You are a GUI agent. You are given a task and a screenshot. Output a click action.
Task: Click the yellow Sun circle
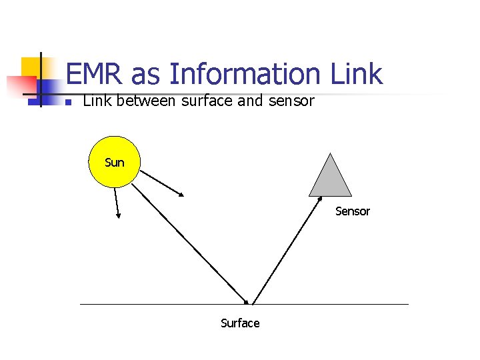(x=114, y=161)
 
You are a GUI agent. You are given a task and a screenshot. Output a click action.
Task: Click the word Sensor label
(x=352, y=211)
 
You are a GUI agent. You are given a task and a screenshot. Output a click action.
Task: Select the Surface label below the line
(x=240, y=323)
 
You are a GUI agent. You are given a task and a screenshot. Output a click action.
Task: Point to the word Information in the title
(x=245, y=74)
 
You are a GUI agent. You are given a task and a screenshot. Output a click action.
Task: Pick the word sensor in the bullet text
(x=290, y=102)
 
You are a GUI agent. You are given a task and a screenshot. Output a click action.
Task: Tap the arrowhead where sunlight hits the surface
(x=247, y=301)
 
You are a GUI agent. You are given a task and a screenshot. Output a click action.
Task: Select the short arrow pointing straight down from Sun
(x=117, y=203)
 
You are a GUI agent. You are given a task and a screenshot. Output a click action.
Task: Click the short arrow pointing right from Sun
(x=163, y=182)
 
